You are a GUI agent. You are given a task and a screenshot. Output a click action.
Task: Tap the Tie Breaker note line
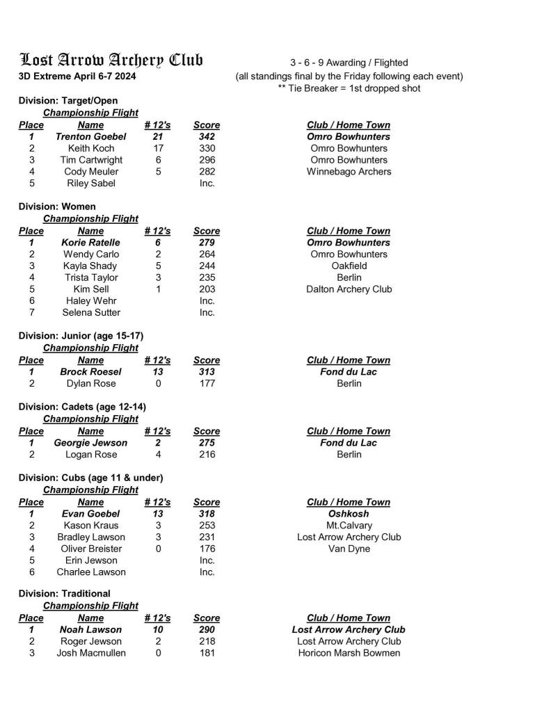pos(349,88)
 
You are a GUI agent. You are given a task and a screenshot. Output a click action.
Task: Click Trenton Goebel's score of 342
pos(207,137)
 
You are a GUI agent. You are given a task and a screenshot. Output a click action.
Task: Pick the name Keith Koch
pos(91,149)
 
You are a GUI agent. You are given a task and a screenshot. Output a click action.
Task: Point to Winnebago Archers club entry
pos(349,172)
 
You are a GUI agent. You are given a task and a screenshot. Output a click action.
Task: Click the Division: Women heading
pos(57,207)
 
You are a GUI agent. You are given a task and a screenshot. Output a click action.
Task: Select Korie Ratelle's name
pos(90,243)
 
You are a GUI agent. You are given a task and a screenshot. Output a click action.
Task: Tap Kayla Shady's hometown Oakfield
pos(349,266)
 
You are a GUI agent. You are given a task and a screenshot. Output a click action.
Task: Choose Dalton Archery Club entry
pos(349,289)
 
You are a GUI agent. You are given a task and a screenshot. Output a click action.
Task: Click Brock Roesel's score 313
pos(207,372)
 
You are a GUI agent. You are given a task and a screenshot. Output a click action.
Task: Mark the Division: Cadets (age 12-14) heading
pos(82,407)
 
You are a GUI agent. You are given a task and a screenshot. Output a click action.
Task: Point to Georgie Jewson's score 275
pos(207,443)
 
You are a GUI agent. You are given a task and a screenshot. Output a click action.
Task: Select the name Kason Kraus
pos(91,526)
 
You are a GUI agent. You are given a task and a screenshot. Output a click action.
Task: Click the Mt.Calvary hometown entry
pos(349,526)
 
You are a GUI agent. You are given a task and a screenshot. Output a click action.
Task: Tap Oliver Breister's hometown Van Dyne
pos(349,549)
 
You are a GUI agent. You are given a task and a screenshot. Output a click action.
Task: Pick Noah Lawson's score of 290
pos(207,630)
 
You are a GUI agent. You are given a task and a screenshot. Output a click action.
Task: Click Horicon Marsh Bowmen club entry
pos(349,654)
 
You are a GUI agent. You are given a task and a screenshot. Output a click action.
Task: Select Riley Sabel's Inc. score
pos(207,184)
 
